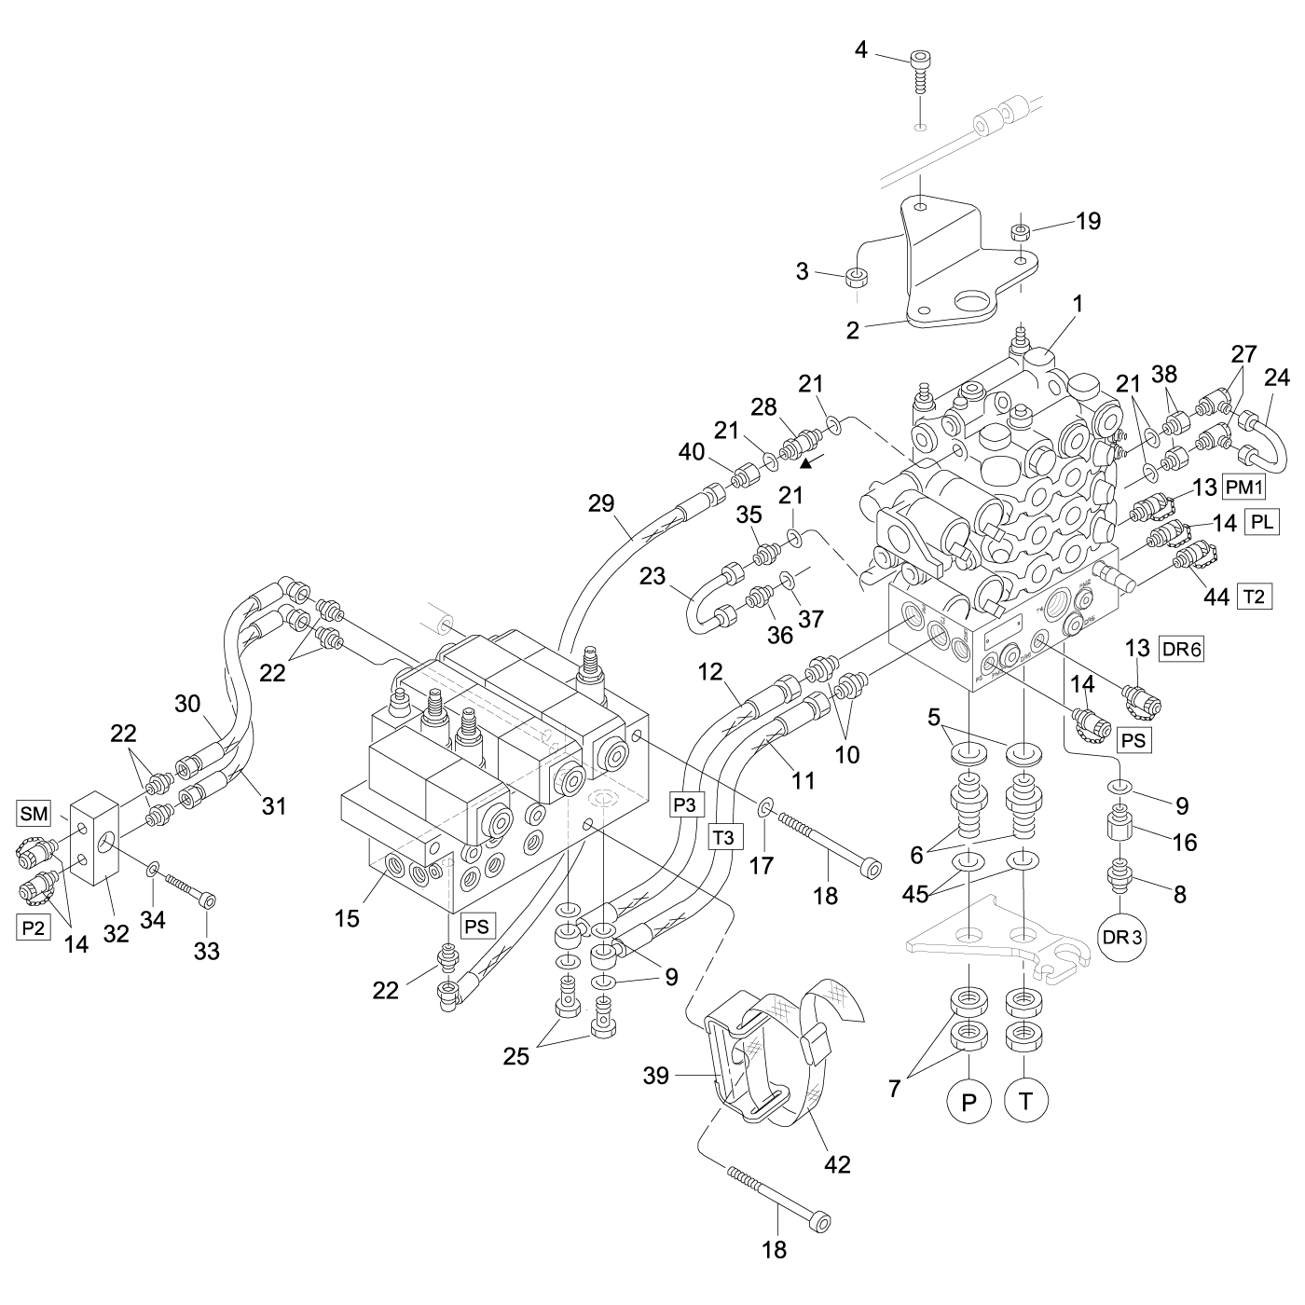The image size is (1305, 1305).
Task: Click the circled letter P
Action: (x=968, y=1102)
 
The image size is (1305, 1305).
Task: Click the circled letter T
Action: (x=1026, y=1102)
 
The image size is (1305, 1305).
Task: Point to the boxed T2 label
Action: (x=1254, y=597)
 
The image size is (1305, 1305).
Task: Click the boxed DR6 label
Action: (x=1181, y=651)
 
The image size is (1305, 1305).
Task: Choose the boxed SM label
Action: (x=33, y=814)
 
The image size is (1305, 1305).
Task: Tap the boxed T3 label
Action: (x=724, y=838)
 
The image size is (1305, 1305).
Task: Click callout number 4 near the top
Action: (x=861, y=49)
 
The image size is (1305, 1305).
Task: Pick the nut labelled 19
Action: (x=1021, y=231)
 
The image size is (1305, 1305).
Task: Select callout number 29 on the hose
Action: (x=601, y=503)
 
